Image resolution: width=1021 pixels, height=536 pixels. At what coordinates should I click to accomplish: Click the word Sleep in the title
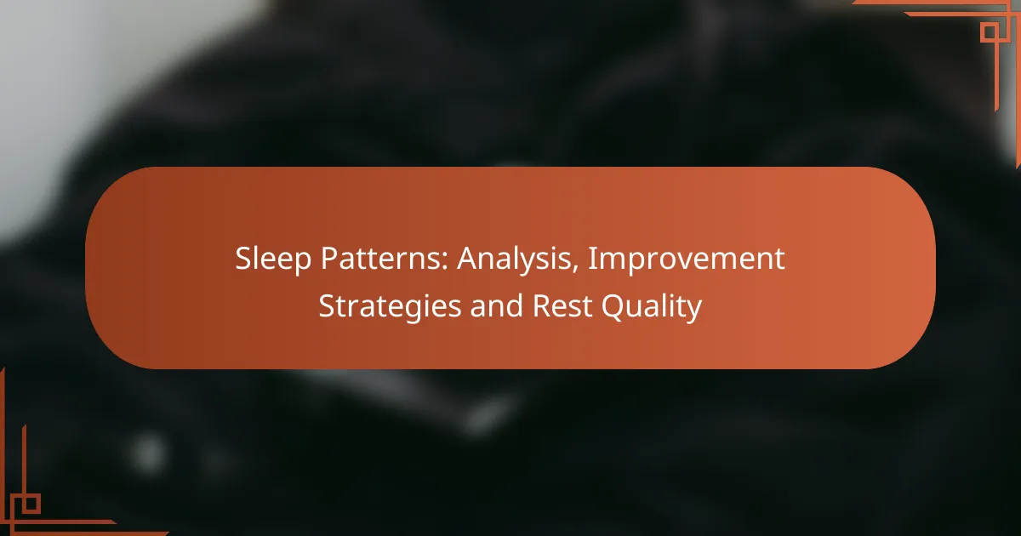coord(273,259)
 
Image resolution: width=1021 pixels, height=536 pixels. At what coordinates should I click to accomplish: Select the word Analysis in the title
coord(517,259)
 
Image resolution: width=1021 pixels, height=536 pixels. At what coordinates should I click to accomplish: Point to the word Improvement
coord(687,259)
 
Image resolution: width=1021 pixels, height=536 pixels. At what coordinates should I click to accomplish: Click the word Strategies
coord(390,307)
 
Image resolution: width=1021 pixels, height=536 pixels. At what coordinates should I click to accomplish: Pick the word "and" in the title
coord(496,305)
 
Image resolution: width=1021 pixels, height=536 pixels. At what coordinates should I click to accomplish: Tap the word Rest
coord(562,305)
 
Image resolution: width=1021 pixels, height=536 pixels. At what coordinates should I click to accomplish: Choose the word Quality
coord(652,307)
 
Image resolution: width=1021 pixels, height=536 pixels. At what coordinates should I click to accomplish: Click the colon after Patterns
coord(444,263)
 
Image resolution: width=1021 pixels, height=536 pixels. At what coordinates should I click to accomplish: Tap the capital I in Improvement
coord(592,259)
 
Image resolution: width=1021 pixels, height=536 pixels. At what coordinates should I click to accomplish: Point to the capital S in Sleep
coord(243,259)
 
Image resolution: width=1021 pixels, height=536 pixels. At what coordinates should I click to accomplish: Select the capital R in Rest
coord(543,306)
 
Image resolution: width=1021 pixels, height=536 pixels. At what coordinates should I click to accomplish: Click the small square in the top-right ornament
coord(990,33)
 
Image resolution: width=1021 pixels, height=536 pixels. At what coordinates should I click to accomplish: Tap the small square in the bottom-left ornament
coord(31,504)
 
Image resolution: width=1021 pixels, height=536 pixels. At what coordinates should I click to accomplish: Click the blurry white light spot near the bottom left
coord(148,453)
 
